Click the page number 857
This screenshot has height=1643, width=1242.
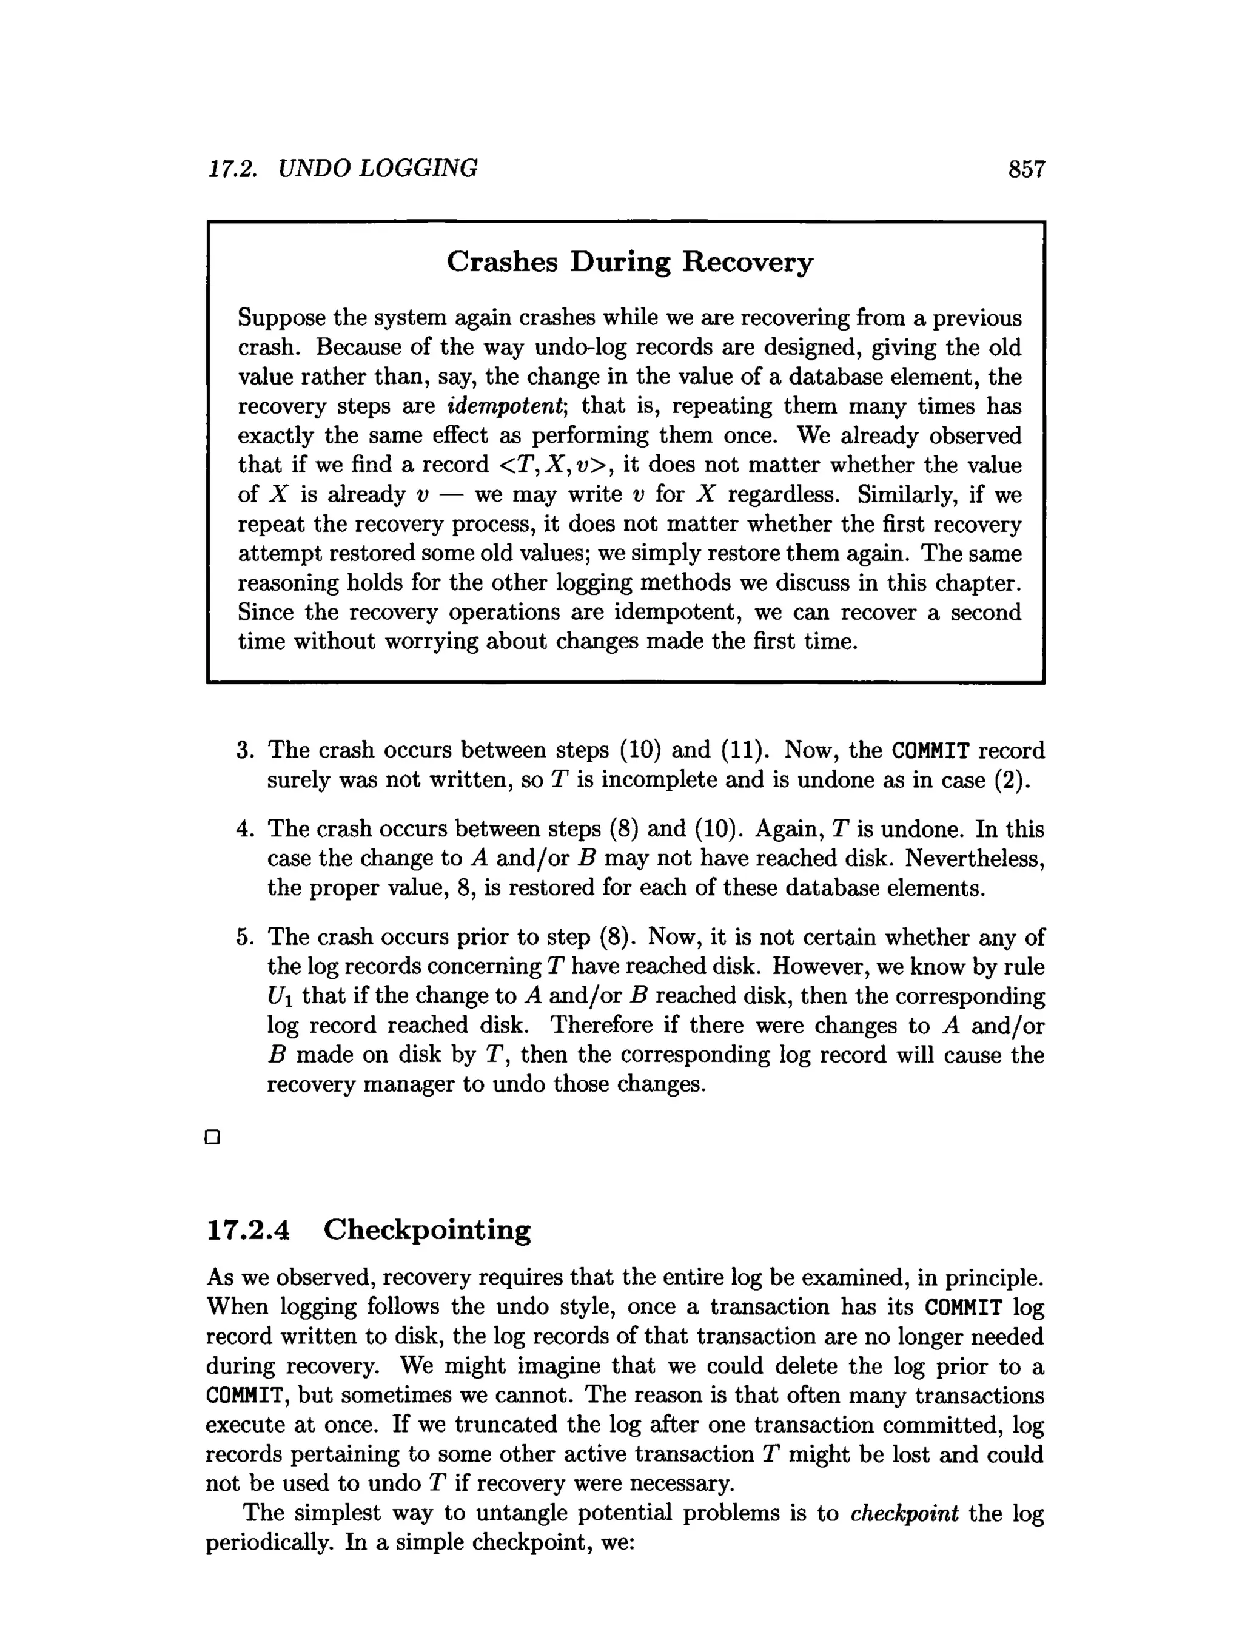[x=1026, y=169]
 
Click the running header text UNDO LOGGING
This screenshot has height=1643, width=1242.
[x=377, y=169]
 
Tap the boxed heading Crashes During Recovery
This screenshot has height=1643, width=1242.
[x=629, y=261]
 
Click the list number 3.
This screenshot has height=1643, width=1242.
[x=244, y=750]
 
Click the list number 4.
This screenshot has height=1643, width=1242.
[x=244, y=829]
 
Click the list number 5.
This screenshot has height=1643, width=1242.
[x=244, y=938]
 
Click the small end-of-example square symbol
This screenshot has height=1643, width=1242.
[x=212, y=1137]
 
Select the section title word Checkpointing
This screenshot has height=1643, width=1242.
[x=427, y=1230]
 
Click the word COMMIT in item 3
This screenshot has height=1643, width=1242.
[x=930, y=750]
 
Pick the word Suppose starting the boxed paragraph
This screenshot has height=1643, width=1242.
[x=281, y=318]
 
